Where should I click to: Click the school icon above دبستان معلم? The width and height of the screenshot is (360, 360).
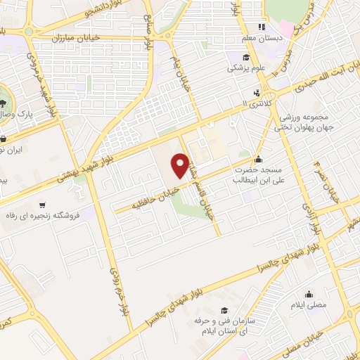coord(261,27)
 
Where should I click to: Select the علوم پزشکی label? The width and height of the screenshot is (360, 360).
coord(241,69)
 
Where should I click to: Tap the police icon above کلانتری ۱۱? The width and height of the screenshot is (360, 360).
coord(257,92)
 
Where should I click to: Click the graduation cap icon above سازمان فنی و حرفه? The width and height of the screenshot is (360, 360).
coord(224,309)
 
